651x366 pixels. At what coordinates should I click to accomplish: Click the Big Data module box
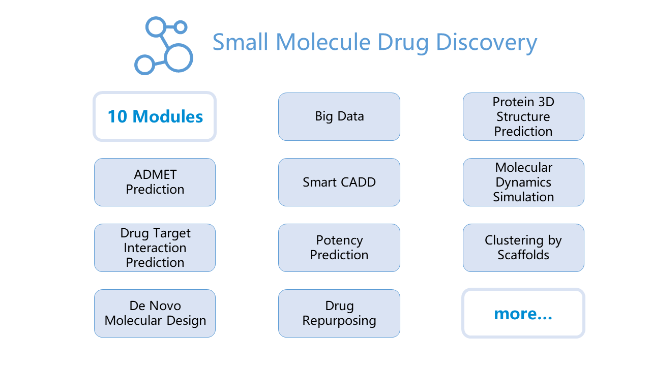tap(339, 117)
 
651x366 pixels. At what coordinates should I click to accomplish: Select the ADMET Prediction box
tap(155, 182)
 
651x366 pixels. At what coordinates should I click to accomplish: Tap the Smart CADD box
tap(339, 182)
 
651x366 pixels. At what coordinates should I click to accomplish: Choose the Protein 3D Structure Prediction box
tap(523, 117)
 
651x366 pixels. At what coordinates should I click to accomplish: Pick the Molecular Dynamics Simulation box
tap(523, 182)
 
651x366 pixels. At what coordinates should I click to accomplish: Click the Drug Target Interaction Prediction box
tap(155, 248)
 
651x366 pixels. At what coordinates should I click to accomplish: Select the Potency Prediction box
tap(339, 248)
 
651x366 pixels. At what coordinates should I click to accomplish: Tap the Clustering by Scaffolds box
tap(523, 248)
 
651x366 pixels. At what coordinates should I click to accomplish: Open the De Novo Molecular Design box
tap(155, 313)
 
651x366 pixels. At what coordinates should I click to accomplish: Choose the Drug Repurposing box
tap(339, 313)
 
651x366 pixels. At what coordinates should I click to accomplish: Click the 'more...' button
tap(523, 313)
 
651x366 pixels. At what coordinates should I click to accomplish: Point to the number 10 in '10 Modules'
tap(117, 116)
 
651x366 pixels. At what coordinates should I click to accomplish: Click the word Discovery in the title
tap(487, 42)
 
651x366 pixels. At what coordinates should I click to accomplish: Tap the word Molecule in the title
tap(323, 42)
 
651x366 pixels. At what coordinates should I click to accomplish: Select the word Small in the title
tap(240, 42)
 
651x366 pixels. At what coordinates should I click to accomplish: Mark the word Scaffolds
tap(523, 255)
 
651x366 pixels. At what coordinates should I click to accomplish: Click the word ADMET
tap(155, 174)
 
